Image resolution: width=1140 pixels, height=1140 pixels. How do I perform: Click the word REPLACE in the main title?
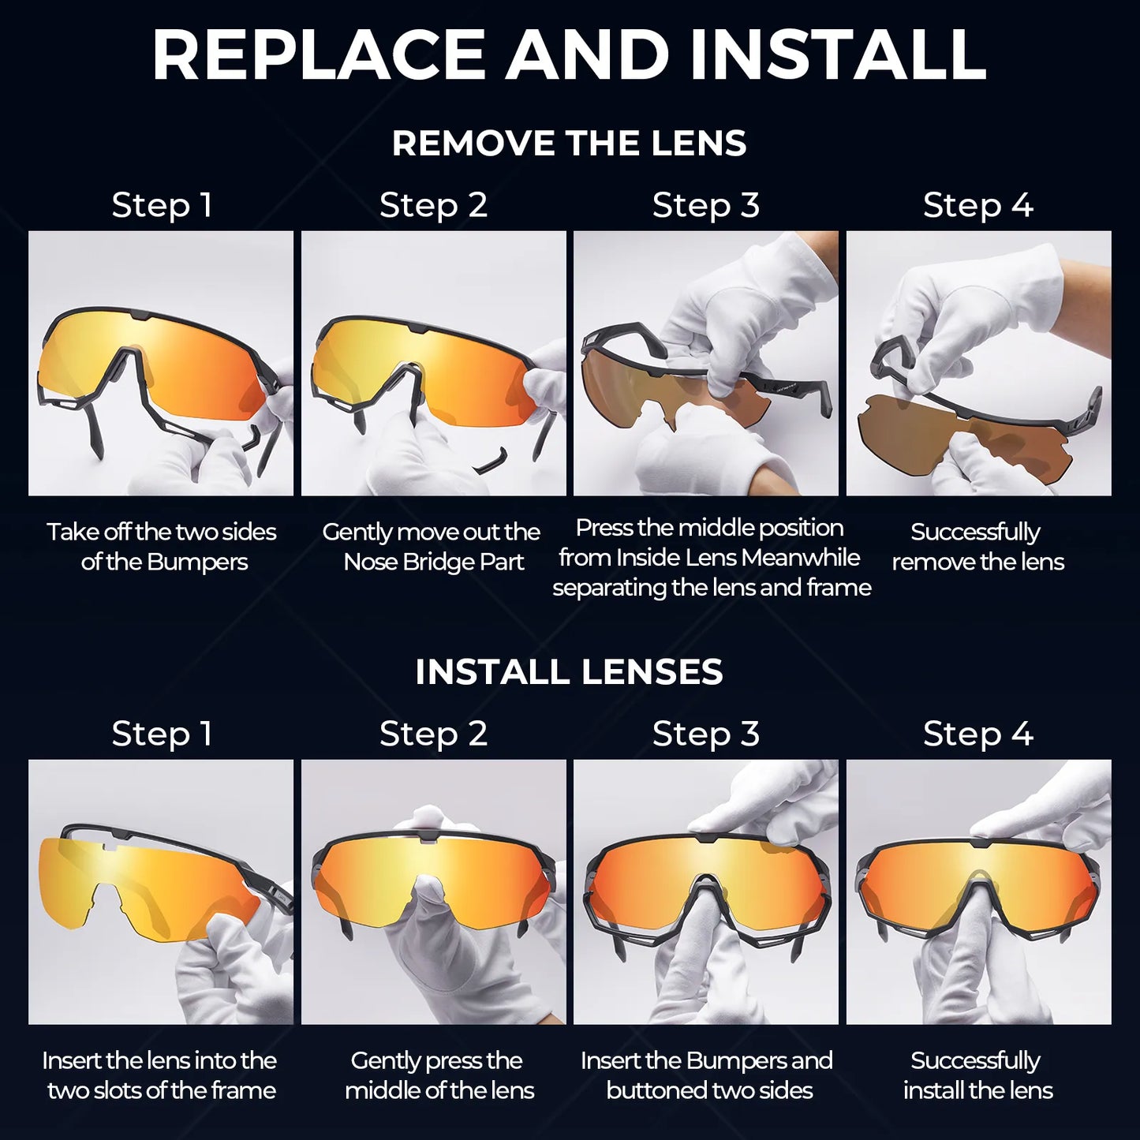317,55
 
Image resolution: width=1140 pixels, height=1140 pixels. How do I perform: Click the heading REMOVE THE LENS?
569,144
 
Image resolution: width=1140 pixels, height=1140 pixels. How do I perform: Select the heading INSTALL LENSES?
569,672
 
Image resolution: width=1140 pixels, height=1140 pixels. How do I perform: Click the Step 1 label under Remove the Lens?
162,205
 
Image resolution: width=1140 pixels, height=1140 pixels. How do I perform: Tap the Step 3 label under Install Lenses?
705,734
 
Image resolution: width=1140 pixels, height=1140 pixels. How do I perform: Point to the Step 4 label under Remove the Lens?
977,205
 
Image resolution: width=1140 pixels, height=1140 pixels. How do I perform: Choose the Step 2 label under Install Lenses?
433,734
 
